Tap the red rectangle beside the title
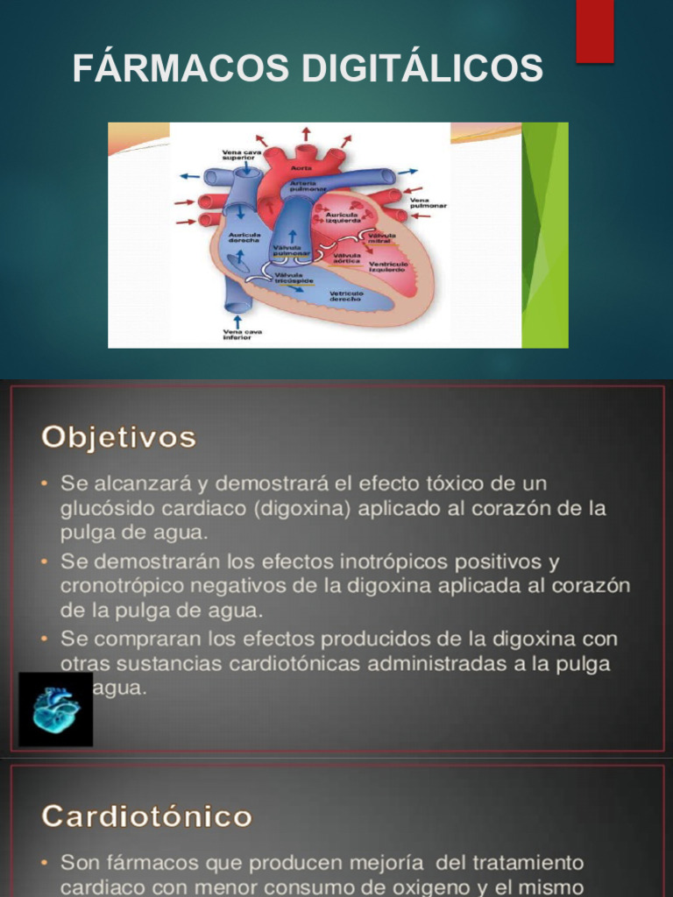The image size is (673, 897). click(594, 31)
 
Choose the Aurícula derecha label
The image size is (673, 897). click(244, 237)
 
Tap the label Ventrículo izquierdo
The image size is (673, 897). click(386, 266)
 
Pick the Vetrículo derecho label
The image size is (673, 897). click(346, 296)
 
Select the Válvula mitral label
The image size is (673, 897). click(381, 237)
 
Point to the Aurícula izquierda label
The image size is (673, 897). click(343, 218)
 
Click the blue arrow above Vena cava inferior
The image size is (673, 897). click(237, 321)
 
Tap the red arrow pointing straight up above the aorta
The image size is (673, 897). click(306, 133)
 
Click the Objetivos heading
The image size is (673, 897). click(118, 437)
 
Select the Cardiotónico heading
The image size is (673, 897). click(146, 816)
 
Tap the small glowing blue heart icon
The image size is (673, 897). click(55, 709)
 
